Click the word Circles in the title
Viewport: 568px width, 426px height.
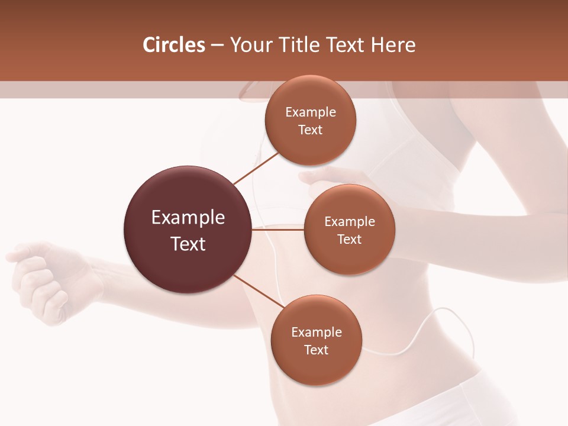[x=174, y=45]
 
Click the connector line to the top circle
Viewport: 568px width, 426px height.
[x=256, y=167]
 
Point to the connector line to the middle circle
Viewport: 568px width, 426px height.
[x=278, y=230]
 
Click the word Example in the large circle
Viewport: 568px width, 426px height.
[x=188, y=218]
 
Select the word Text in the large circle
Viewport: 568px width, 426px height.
[x=188, y=244]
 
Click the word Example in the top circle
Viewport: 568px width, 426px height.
[x=310, y=112]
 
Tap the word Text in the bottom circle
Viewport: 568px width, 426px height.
[x=316, y=350]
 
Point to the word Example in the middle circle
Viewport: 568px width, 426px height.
[x=350, y=221]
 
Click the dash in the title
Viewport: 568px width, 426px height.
[x=217, y=45]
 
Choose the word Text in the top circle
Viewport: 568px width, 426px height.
[x=310, y=130]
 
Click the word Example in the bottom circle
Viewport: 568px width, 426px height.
[x=316, y=332]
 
